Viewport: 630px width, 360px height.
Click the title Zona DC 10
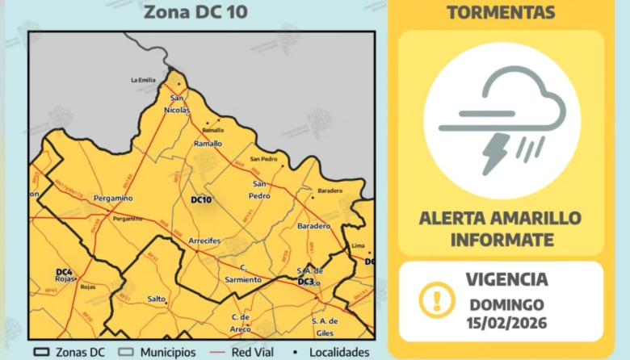tap(195, 12)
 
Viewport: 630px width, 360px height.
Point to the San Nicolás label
tap(179, 104)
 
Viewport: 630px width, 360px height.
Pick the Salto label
tap(157, 299)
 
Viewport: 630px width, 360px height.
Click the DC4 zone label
tap(65, 271)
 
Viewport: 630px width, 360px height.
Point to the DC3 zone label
tap(305, 282)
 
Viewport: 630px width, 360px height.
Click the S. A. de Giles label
tap(324, 326)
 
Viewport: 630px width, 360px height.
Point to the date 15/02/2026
tap(508, 323)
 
